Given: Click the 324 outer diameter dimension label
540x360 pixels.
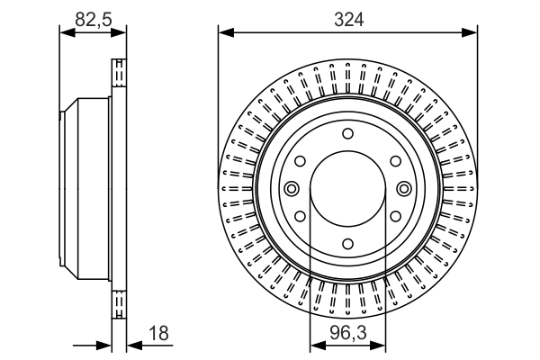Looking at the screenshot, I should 347,17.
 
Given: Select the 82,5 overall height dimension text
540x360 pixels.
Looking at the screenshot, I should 93,17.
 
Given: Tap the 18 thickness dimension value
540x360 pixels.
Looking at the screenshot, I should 158,333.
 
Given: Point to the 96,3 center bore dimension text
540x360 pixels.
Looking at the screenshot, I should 347,333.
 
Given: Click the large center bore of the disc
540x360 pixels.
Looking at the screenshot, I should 347,189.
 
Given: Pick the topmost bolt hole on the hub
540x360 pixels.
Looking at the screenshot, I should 347,134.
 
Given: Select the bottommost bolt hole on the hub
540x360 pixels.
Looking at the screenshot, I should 347,244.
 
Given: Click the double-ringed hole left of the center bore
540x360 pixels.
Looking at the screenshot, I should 292,189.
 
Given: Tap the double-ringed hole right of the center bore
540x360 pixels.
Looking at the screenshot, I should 403,189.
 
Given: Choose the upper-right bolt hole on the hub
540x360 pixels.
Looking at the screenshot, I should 394,161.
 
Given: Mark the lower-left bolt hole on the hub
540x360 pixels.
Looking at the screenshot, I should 300,217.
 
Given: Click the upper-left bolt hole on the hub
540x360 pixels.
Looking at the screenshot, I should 300,161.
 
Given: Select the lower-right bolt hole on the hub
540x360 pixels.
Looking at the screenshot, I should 394,217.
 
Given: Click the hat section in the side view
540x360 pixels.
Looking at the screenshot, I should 85,189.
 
